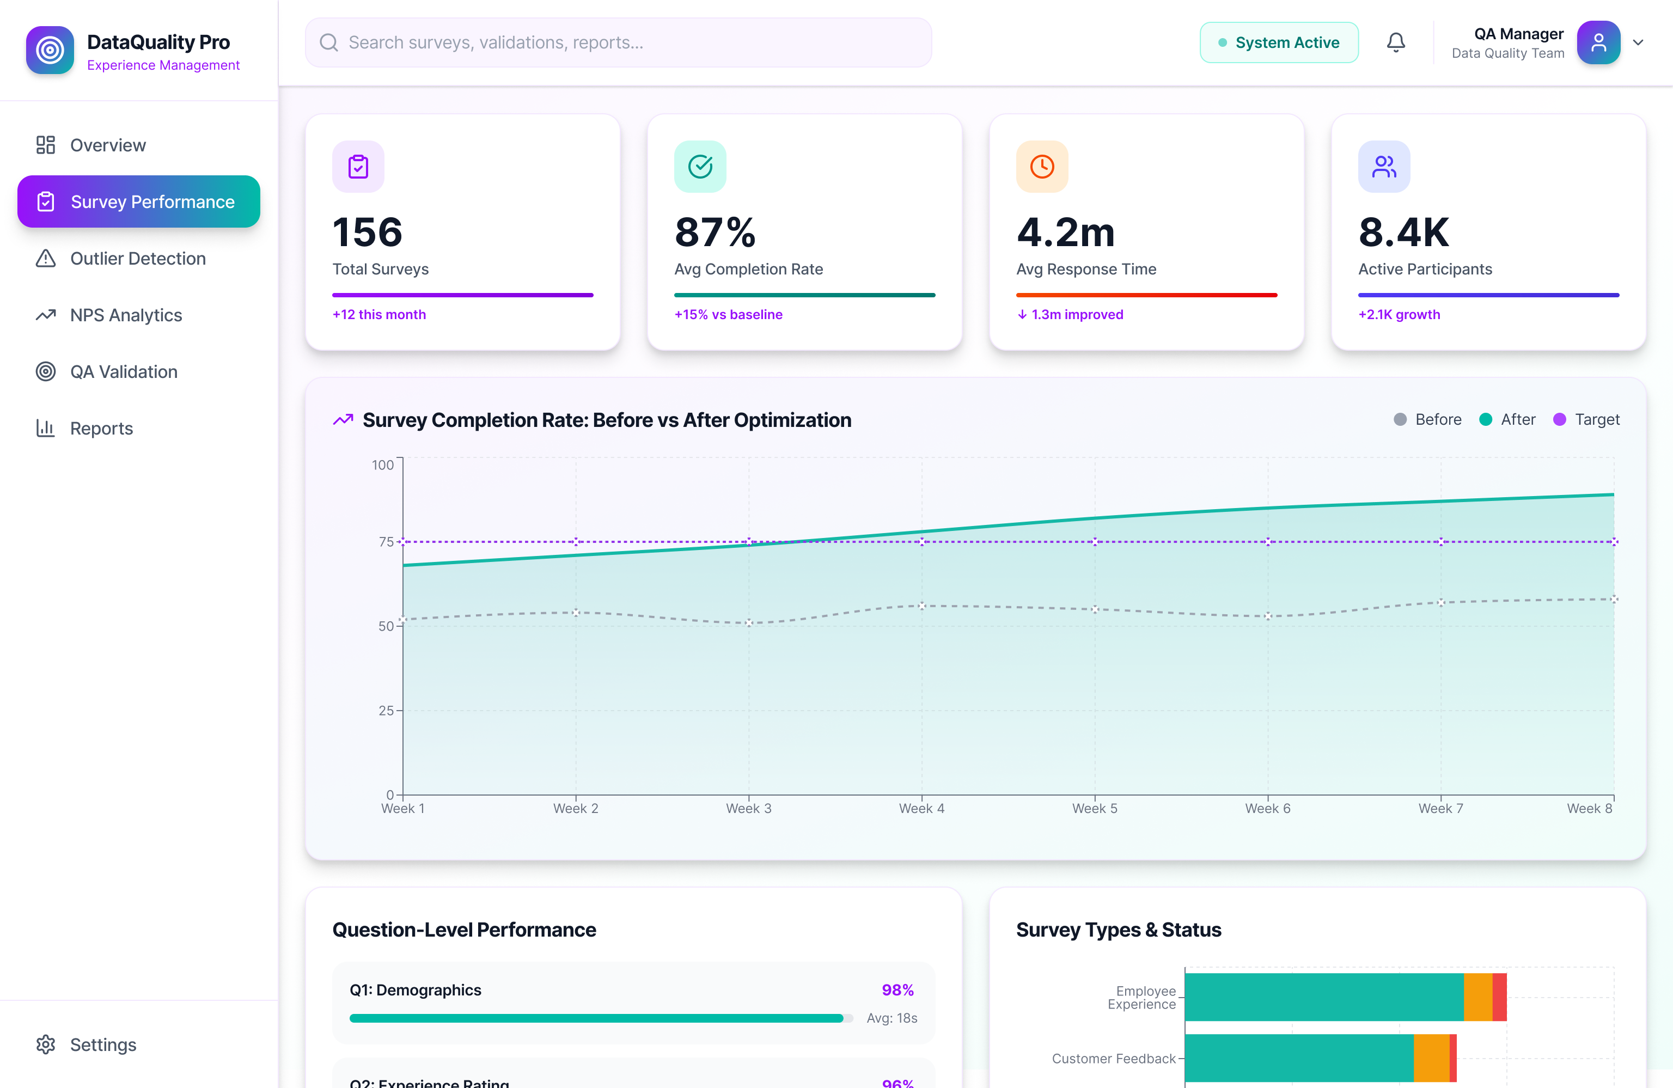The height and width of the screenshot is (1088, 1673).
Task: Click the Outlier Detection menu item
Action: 138,259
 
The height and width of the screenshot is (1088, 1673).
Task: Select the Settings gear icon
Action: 46,1044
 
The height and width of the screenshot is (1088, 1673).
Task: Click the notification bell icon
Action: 1395,43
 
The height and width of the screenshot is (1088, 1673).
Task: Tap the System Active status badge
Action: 1279,43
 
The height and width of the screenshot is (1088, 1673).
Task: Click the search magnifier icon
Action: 329,43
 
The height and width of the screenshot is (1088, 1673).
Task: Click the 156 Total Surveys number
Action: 368,233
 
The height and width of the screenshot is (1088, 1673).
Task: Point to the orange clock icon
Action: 1042,167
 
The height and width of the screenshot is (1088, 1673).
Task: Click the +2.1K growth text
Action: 1399,315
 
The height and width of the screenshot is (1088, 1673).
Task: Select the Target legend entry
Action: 1586,420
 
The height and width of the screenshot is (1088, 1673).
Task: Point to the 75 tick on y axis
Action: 386,542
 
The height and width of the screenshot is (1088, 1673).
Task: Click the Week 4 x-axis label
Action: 921,808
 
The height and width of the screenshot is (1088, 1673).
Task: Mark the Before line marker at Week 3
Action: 749,623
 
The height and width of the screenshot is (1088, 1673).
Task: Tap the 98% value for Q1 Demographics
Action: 897,989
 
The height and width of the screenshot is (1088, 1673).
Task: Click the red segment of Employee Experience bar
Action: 1499,997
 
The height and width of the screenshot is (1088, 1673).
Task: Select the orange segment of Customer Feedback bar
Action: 1431,1058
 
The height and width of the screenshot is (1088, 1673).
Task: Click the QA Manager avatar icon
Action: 1598,43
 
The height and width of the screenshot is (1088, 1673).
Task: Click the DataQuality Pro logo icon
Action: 50,50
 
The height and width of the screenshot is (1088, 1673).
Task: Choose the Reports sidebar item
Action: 101,428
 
